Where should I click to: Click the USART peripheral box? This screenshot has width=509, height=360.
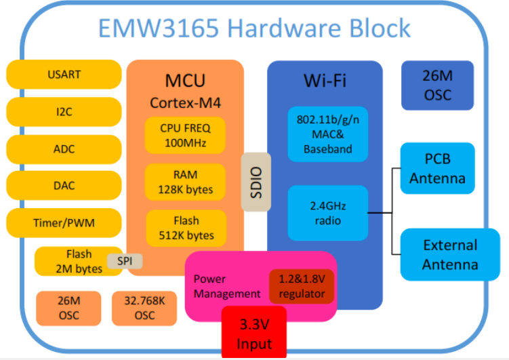(x=64, y=74)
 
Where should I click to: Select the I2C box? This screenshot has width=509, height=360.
(x=64, y=111)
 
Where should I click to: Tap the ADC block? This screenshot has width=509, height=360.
(x=64, y=148)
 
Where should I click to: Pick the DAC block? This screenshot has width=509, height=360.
(x=64, y=185)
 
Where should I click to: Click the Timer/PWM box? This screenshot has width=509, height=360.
(x=64, y=222)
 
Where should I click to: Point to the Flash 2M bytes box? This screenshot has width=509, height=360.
(x=75, y=261)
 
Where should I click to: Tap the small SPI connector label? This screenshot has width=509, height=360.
(x=125, y=260)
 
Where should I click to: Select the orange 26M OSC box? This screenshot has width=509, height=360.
(x=68, y=308)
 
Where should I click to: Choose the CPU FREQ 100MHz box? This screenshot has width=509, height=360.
(x=185, y=135)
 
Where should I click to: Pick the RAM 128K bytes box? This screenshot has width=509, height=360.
(x=185, y=181)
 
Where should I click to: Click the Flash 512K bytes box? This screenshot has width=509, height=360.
(x=185, y=228)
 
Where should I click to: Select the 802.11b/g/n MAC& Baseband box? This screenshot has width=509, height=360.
(x=328, y=134)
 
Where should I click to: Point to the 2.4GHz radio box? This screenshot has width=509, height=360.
(x=328, y=212)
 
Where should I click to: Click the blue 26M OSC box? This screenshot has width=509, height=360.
(x=436, y=86)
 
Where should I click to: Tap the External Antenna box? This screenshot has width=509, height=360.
(x=449, y=254)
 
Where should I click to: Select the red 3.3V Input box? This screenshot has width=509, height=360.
(x=254, y=334)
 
